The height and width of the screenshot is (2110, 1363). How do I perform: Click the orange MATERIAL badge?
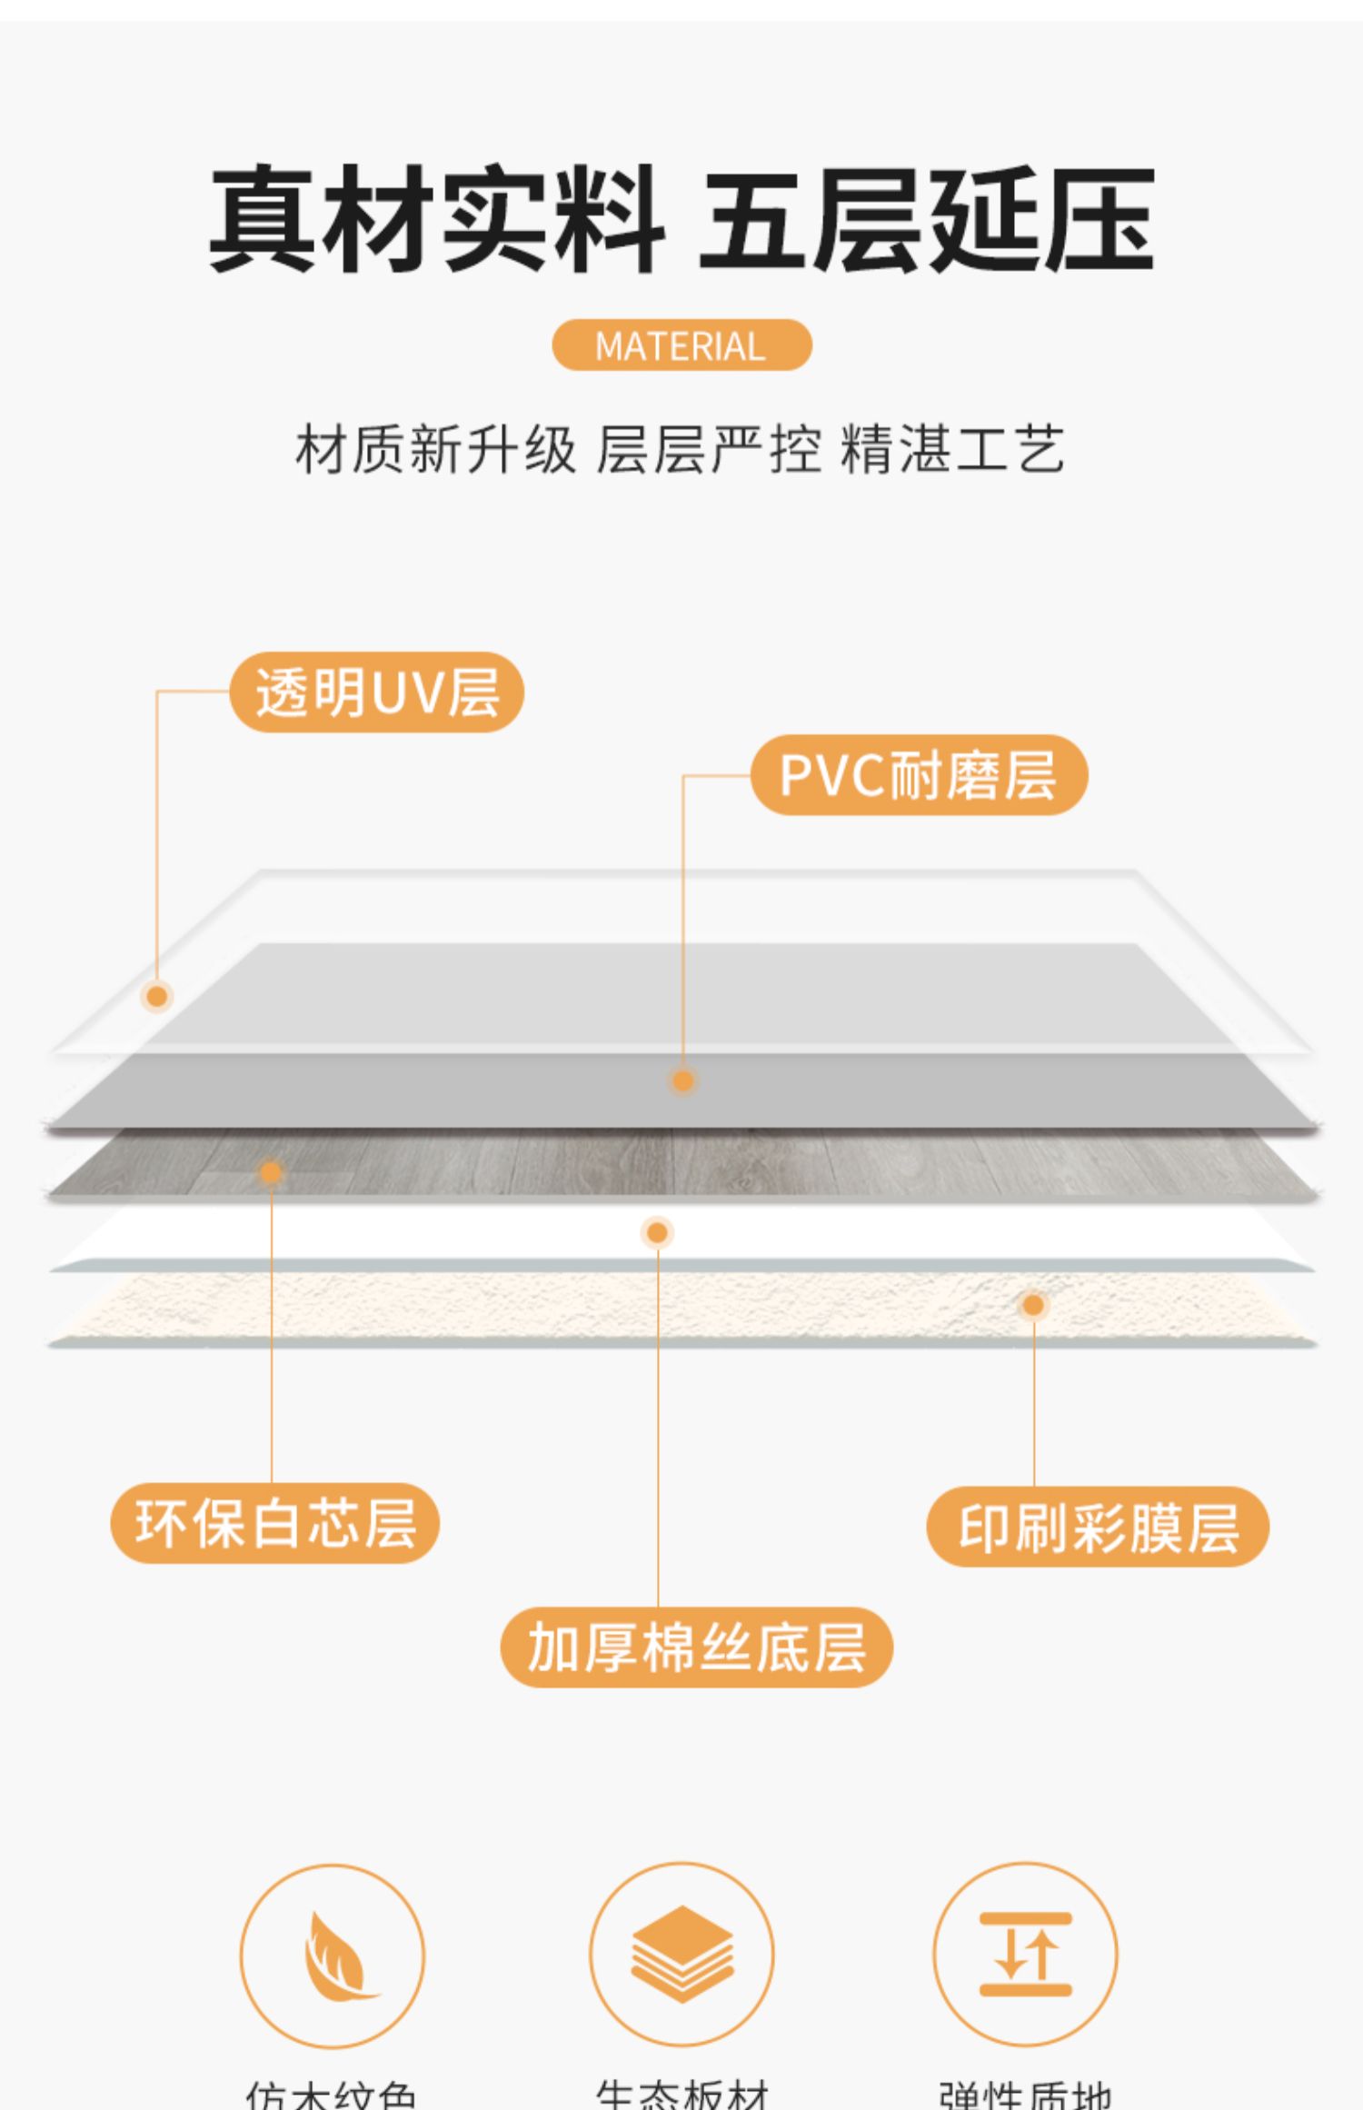(x=681, y=345)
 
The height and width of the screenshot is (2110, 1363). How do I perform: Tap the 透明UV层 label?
(x=376, y=692)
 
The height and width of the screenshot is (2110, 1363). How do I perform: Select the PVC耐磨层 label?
(x=919, y=775)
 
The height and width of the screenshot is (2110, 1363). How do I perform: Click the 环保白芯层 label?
(x=274, y=1524)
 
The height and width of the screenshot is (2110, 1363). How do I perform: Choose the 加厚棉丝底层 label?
(x=696, y=1647)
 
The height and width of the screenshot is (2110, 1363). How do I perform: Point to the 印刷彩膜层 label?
(x=1098, y=1528)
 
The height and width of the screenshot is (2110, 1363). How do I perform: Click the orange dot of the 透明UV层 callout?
(x=157, y=997)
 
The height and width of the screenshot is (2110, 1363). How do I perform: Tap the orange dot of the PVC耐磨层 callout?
(x=682, y=1080)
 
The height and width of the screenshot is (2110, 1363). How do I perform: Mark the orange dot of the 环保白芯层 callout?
(x=271, y=1173)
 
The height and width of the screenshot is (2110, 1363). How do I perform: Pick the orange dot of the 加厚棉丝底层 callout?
(x=657, y=1233)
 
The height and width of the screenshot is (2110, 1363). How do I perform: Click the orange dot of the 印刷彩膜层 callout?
(x=1033, y=1306)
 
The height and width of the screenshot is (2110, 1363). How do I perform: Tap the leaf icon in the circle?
(x=333, y=1956)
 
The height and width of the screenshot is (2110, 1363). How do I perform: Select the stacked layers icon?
(x=681, y=1954)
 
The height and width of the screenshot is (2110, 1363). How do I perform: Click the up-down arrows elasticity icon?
(x=1025, y=1954)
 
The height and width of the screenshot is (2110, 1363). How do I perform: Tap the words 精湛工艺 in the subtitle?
(x=952, y=449)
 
